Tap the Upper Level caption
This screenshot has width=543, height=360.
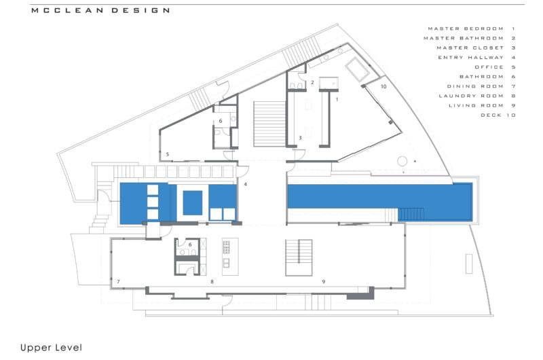[51, 348]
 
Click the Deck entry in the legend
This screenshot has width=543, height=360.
[498, 115]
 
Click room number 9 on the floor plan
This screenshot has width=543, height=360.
[324, 281]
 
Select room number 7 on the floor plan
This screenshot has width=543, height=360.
[118, 281]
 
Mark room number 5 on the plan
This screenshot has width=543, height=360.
[168, 154]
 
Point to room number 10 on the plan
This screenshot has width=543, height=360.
[383, 87]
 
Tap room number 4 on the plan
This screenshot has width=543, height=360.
[246, 184]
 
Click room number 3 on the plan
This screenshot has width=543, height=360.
[300, 138]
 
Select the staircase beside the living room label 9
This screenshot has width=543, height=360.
[298, 257]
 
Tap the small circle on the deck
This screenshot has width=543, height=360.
[402, 162]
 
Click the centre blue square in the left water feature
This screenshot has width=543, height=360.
[192, 202]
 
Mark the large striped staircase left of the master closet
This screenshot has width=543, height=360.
[269, 122]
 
